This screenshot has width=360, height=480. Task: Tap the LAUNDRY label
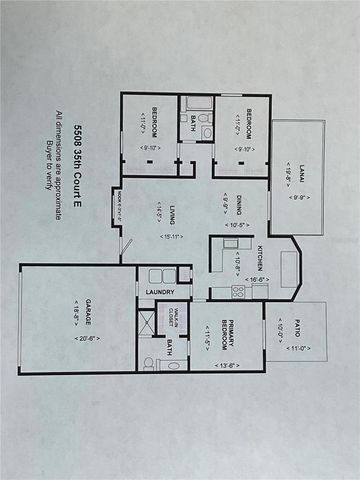pos(160,292)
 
